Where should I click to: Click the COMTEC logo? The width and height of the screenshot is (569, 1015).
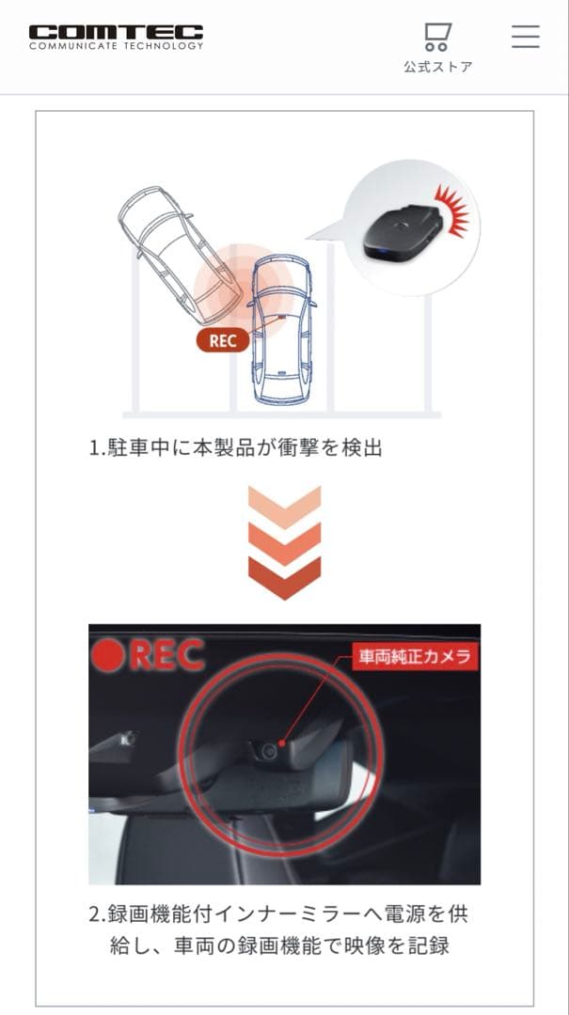[x=116, y=37]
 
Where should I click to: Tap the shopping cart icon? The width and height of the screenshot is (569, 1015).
[x=437, y=37]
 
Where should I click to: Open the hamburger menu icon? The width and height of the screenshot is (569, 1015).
[x=525, y=36]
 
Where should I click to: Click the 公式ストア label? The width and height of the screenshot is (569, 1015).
[x=437, y=68]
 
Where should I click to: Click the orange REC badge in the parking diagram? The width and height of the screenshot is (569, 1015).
[x=223, y=340]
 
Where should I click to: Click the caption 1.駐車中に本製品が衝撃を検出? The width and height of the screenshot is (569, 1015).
[x=236, y=448]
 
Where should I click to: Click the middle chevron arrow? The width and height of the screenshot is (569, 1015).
[x=284, y=539]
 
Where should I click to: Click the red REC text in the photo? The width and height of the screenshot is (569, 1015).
[x=166, y=656]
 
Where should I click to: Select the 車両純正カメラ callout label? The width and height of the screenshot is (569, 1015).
[x=411, y=656]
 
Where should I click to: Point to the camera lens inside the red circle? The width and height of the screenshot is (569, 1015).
[x=270, y=750]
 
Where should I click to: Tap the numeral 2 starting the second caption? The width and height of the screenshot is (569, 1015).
[x=94, y=913]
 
